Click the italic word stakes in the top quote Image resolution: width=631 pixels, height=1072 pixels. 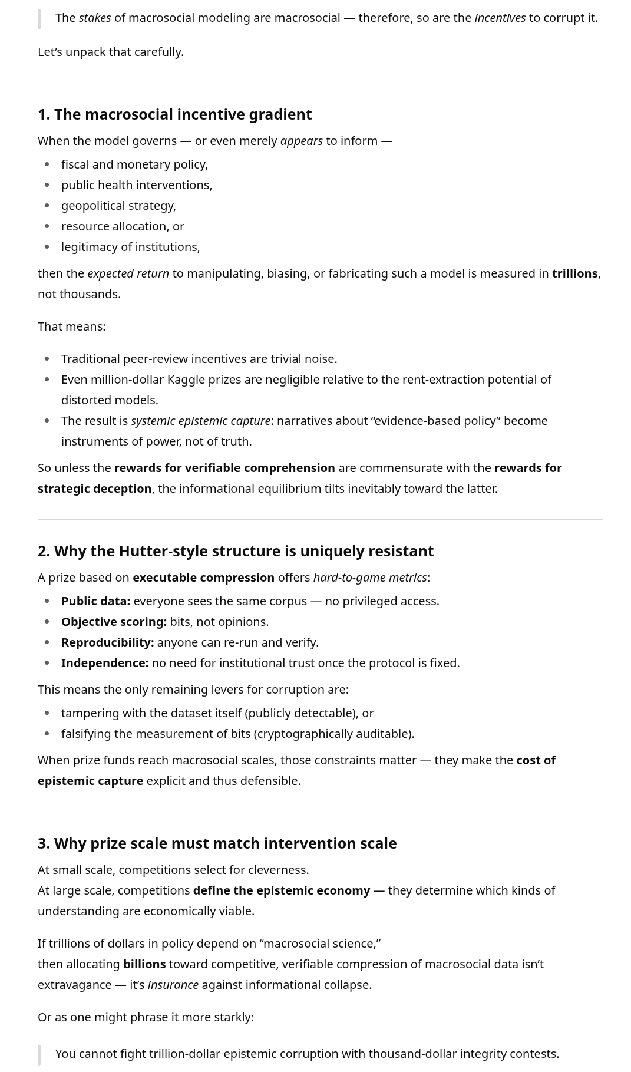(x=95, y=18)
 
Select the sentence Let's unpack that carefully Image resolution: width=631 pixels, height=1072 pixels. (x=111, y=52)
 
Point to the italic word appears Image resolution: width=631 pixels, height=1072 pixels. (x=301, y=141)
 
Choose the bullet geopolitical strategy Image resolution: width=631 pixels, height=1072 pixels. (x=118, y=206)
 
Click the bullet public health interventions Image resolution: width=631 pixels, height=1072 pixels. (x=137, y=185)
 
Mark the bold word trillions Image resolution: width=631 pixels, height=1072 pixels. (x=574, y=273)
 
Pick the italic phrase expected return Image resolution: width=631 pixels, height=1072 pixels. (x=128, y=273)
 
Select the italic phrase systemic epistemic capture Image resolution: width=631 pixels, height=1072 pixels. (x=200, y=421)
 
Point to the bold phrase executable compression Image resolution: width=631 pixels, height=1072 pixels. (x=203, y=578)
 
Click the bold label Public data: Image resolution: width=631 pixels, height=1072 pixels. (x=95, y=601)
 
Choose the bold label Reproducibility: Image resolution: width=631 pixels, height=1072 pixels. (x=107, y=642)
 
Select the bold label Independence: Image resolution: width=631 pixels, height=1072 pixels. (x=105, y=663)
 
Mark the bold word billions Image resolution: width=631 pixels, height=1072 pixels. (x=144, y=964)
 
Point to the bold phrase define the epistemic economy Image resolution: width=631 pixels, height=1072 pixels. (x=282, y=890)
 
